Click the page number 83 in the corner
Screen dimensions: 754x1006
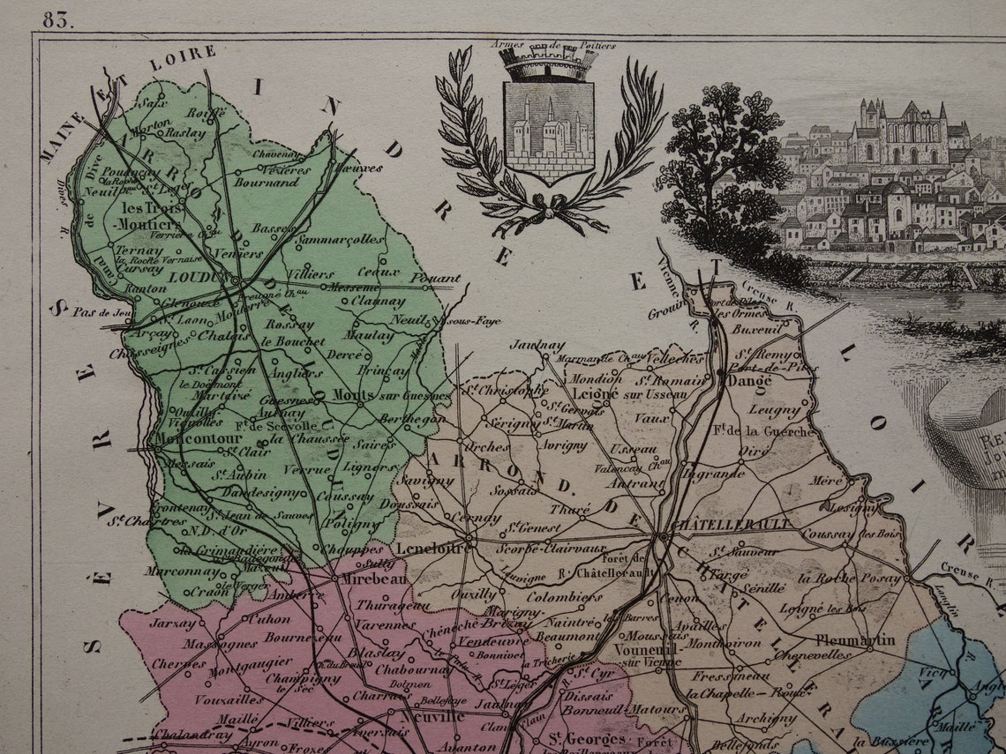(57, 19)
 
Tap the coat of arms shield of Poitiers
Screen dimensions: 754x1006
(548, 129)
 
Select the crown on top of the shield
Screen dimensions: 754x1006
(548, 63)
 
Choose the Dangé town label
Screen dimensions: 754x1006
(749, 381)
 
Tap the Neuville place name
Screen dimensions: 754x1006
(432, 716)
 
